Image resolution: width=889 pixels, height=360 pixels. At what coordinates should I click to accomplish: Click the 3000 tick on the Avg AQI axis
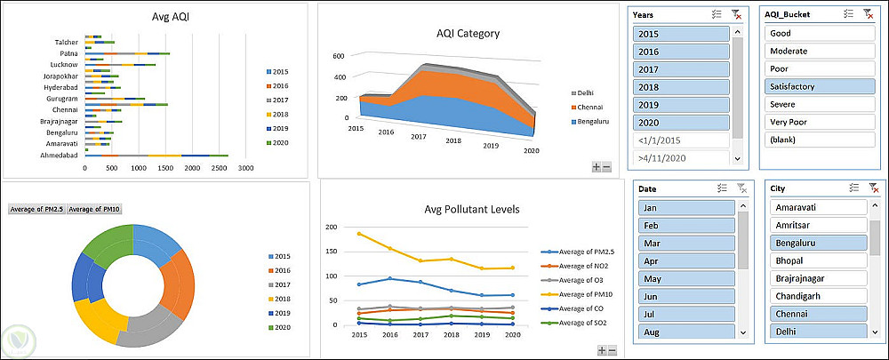coord(246,167)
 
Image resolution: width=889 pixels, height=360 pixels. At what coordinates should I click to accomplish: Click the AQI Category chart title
coord(468,34)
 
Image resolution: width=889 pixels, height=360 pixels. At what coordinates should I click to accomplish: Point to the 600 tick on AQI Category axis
coord(338,55)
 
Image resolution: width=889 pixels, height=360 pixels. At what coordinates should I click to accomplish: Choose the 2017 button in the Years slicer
coord(681,69)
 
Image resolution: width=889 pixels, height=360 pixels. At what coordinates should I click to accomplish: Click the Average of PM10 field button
coord(92,209)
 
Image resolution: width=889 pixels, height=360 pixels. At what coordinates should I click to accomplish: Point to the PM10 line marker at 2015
coord(359,234)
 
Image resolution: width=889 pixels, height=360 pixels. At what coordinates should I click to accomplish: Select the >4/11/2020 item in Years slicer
coord(681,158)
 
